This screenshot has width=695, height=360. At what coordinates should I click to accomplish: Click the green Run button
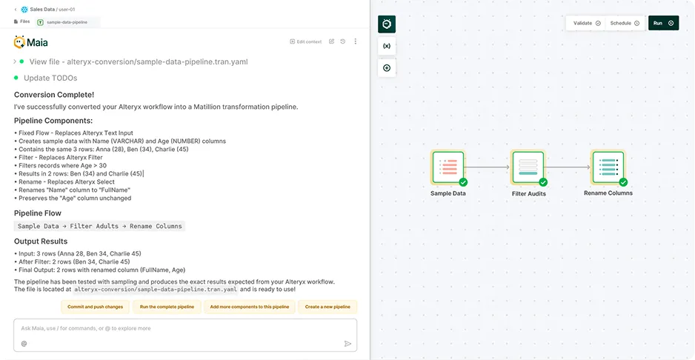[x=663, y=23]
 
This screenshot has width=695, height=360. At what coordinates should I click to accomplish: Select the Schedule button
[x=624, y=23]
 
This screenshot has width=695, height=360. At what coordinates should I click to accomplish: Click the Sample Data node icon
[x=448, y=167]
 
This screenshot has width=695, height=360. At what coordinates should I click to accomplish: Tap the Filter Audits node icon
[x=528, y=167]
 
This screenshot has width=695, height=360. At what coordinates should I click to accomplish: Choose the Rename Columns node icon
[x=608, y=167]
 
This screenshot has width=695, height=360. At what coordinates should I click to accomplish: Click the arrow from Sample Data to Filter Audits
[x=488, y=167]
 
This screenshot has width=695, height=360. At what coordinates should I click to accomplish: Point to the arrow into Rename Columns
[x=568, y=167]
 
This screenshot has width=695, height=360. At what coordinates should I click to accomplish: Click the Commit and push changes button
[x=96, y=307]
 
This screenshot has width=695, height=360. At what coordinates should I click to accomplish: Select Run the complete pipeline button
[x=167, y=307]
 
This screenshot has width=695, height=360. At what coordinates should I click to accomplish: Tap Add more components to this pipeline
[x=249, y=307]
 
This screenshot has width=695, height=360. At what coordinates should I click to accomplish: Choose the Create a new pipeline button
[x=327, y=307]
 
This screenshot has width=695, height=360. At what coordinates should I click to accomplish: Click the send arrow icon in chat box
[x=347, y=344]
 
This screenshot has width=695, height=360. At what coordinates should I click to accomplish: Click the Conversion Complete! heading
[x=54, y=94]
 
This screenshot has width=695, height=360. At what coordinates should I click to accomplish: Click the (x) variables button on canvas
[x=387, y=46]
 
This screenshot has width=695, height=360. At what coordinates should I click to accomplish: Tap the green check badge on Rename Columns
[x=623, y=181]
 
